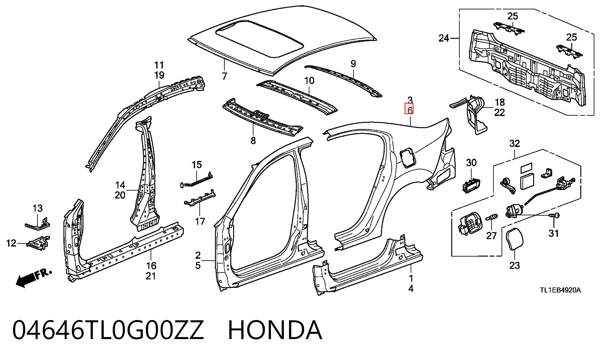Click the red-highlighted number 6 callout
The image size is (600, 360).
[410, 110]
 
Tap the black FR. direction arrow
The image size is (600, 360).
[26, 279]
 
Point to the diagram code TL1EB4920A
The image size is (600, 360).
[560, 290]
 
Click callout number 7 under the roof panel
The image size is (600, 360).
[224, 76]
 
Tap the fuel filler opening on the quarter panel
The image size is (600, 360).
[407, 158]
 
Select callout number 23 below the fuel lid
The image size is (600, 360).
[514, 265]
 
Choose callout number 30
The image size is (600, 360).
[471, 162]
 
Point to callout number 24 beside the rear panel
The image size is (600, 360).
[444, 38]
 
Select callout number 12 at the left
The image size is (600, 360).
[11, 243]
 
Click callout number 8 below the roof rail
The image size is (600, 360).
[253, 141]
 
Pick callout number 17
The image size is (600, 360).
[200, 221]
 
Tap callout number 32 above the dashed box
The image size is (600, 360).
[514, 143]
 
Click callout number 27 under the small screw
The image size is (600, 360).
[491, 235]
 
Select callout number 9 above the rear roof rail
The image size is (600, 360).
[353, 64]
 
